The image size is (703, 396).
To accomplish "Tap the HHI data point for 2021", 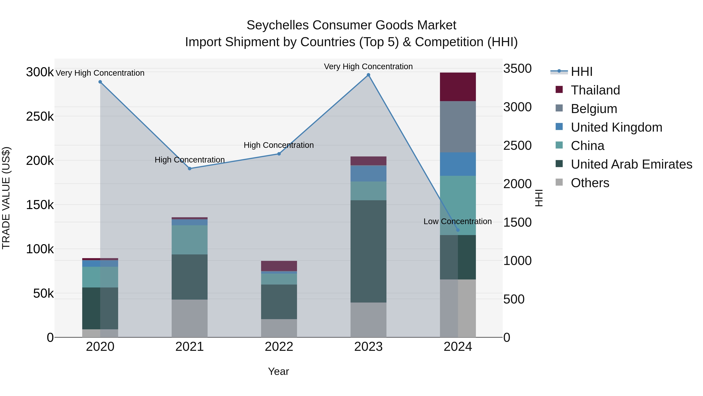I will click(x=190, y=169).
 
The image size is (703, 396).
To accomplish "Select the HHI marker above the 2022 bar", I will click(x=279, y=154).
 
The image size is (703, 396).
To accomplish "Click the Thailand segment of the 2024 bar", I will click(x=458, y=87).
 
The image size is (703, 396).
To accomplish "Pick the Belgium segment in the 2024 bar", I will click(x=458, y=127).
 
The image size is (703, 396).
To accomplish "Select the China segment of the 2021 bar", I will click(x=189, y=240).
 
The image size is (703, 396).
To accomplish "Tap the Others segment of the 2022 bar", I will click(x=279, y=328).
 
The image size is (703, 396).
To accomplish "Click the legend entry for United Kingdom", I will click(x=616, y=127).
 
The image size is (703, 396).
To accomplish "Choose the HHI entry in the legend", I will click(x=581, y=72).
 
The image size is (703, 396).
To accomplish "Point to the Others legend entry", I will click(x=590, y=183).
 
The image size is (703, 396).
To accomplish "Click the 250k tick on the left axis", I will click(x=40, y=117).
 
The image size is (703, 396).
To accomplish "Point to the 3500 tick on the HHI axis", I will click(x=517, y=69).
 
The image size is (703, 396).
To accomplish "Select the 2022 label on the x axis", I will click(x=279, y=347).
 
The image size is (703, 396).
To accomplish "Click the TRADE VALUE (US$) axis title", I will click(x=6, y=198).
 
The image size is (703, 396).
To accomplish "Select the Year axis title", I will click(x=278, y=371).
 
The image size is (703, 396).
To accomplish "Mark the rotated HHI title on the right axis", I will click(x=539, y=198).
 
